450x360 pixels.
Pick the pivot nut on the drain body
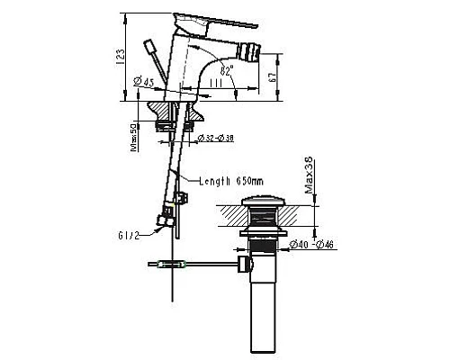242,265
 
